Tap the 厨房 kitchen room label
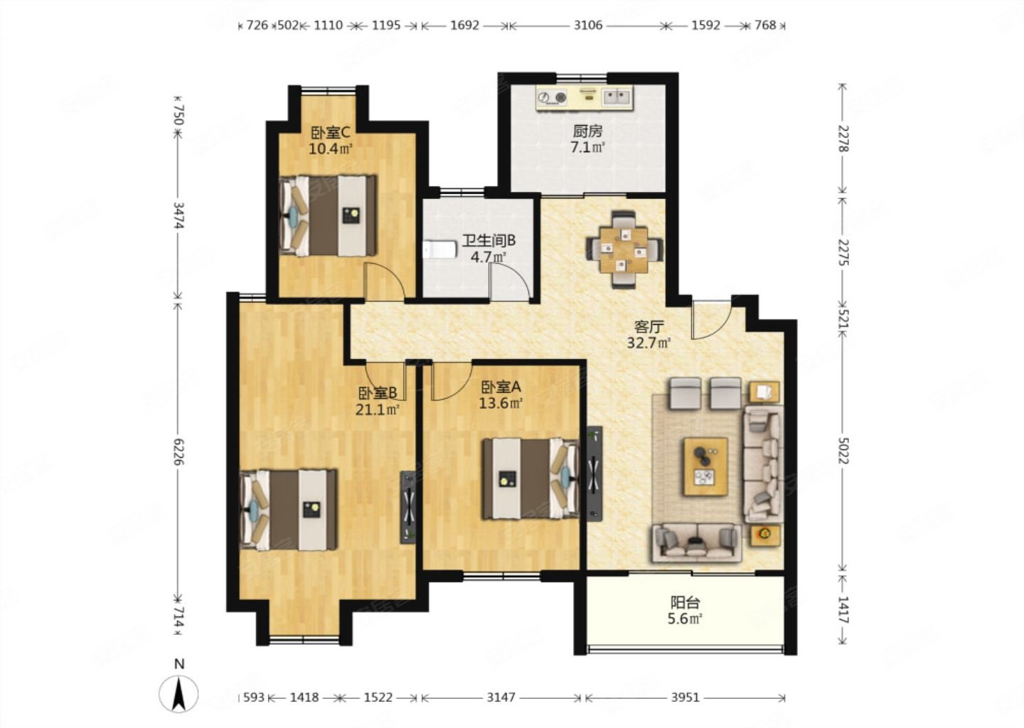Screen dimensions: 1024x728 coord(588,132)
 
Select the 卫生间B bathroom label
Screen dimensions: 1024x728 coord(489,240)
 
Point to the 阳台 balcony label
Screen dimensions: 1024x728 coord(686,602)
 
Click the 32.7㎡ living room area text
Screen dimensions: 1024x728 coord(649,343)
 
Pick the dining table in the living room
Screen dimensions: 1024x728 coord(624,250)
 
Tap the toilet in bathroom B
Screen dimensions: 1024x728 coord(439,250)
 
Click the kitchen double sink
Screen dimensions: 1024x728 coord(617,97)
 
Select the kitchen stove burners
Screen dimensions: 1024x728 coord(552,98)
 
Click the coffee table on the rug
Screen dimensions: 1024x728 coord(705,466)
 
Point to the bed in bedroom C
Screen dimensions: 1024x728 coord(328,215)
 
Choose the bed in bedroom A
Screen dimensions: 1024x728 coord(531,478)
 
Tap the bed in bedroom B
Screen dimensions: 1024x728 coord(289,510)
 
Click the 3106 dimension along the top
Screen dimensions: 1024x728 coord(588,25)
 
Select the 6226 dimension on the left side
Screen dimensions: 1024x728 coord(178,451)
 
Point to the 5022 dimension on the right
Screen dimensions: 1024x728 coord(843,451)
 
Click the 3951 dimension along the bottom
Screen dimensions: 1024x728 coord(686,697)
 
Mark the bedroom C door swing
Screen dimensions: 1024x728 coord(384,282)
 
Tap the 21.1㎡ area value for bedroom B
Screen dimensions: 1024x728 coord(378,409)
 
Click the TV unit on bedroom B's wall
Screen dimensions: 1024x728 coord(409,508)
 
